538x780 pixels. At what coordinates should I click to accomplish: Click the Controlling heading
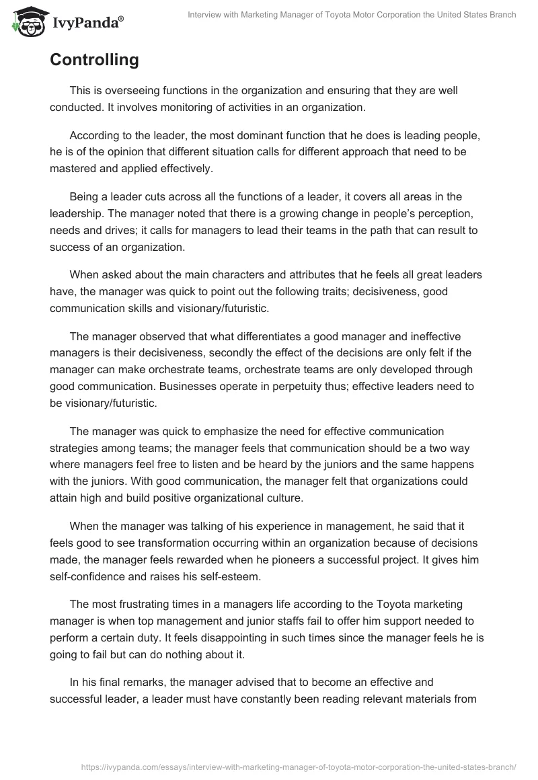coord(94,60)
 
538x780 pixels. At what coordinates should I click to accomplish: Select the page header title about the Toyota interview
coord(352,15)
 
